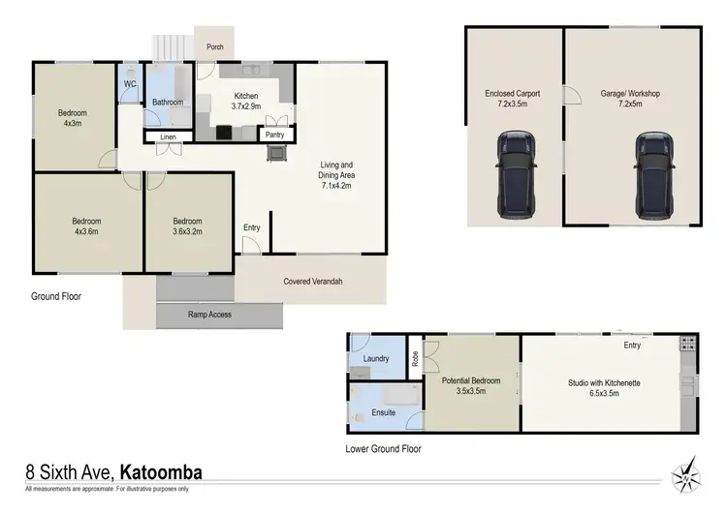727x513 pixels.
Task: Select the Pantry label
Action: pos(274,136)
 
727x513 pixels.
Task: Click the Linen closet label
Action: pos(168,137)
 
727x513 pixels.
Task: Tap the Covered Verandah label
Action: pos(313,282)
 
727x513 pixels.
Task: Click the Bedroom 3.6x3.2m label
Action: pos(187,226)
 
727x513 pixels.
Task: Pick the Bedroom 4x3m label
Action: pos(74,118)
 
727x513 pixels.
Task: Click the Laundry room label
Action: pos(375,359)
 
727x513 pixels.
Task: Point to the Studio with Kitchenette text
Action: pos(604,382)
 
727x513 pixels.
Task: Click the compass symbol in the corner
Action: pos(686,473)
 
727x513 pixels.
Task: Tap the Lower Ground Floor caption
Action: pos(384,449)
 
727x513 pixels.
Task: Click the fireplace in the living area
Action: pos(278,153)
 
